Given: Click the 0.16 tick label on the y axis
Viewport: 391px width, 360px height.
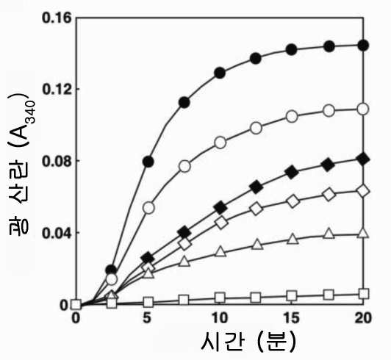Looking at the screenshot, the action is (x=57, y=18).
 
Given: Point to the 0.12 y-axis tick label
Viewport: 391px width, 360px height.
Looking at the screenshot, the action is (x=57, y=89).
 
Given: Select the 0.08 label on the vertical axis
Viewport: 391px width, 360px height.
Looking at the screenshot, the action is (x=57, y=161).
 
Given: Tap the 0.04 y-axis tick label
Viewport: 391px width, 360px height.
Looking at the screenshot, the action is (x=57, y=233).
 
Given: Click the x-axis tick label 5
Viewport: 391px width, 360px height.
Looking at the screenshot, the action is (x=148, y=318).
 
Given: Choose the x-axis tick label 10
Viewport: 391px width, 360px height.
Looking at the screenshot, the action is (x=220, y=318).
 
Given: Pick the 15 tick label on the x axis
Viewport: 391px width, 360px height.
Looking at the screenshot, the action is (x=292, y=318).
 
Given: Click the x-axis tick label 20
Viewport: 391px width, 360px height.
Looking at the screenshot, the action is (x=363, y=318).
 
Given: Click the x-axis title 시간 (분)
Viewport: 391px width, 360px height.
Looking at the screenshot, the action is (x=248, y=342).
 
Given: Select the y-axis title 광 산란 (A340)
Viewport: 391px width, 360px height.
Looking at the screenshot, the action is (x=19, y=165).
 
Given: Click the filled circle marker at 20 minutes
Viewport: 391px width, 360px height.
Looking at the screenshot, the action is (x=364, y=46).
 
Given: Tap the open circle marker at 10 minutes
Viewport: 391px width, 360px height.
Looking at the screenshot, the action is (x=220, y=143).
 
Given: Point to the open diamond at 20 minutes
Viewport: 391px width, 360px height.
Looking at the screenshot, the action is (x=364, y=191).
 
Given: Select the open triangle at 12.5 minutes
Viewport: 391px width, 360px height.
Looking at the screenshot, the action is (x=256, y=244).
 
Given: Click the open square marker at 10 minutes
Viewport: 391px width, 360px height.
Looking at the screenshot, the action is (x=220, y=298).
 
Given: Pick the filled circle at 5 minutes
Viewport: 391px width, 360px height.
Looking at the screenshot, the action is (x=148, y=162).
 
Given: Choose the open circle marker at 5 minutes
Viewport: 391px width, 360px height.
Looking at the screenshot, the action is (x=148, y=208).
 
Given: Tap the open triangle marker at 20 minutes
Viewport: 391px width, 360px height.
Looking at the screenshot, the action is (x=364, y=233).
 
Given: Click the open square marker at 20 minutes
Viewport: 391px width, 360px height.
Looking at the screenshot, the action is (x=364, y=293).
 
